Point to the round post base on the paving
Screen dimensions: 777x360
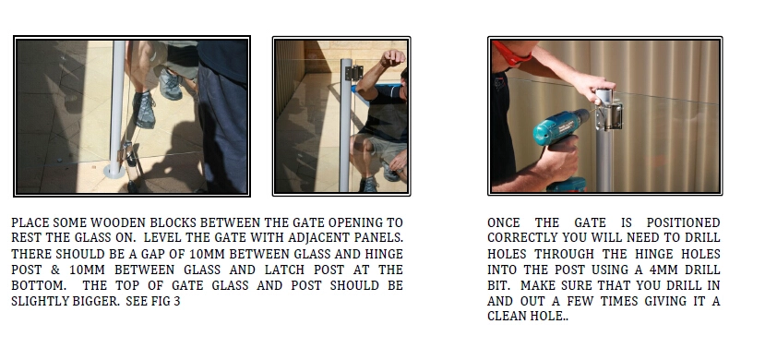point(114,172)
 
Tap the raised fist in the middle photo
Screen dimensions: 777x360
point(392,57)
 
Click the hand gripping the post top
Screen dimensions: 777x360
point(593,87)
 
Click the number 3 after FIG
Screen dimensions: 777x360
point(177,301)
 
